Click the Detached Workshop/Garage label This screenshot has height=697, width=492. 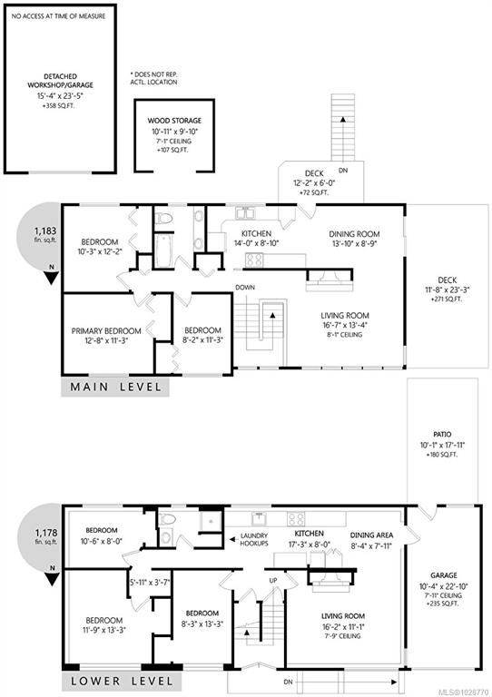point(60,81)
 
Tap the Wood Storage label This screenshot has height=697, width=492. point(174,121)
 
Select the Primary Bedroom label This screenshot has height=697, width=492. point(106,330)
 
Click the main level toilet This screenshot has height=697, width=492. point(163,218)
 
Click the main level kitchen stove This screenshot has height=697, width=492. point(254,260)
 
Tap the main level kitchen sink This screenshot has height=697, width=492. point(244,213)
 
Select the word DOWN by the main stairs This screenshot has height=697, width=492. point(245,288)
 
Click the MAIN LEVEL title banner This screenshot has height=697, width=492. point(115,388)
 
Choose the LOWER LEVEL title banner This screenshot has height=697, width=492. point(122,681)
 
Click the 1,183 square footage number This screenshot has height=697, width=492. point(45,231)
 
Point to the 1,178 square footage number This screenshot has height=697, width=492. point(45,533)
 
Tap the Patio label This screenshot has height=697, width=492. point(442,435)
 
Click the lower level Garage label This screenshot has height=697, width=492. point(444,574)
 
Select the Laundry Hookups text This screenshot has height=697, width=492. point(254,539)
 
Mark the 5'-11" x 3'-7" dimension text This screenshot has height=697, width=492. point(150,582)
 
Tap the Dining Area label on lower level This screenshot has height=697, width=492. point(371,535)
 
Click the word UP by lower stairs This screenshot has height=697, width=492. point(273,581)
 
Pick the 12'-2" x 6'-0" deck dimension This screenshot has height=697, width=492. point(314,182)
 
